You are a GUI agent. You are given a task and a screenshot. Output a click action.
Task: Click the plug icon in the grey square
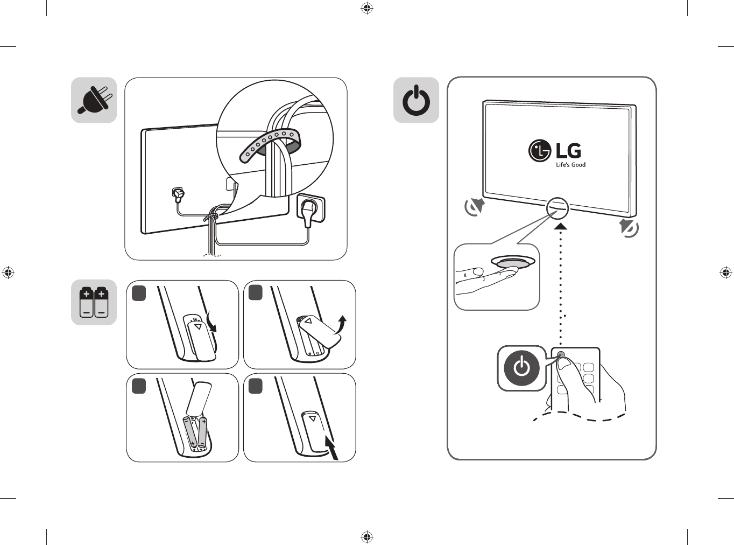[x=94, y=100]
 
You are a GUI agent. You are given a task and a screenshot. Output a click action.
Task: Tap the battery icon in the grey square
[x=94, y=302]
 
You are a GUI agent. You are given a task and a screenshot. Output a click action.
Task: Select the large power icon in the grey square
[x=416, y=100]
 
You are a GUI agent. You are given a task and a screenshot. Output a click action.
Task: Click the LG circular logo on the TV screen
[x=540, y=151]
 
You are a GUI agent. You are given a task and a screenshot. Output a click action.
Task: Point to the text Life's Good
[x=570, y=165]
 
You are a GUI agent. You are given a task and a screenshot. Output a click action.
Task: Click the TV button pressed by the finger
[x=513, y=263]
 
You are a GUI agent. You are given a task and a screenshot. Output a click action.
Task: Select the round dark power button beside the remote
[x=521, y=368]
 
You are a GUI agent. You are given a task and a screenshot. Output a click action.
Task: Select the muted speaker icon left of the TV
[x=475, y=207]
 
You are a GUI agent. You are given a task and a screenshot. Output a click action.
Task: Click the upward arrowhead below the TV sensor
[x=561, y=226]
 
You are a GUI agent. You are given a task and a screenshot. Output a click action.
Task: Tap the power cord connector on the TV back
[x=177, y=192]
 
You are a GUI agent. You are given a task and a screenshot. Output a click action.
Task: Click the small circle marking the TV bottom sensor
[x=557, y=207]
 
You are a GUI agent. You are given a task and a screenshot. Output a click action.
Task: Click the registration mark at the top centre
[x=367, y=8]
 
